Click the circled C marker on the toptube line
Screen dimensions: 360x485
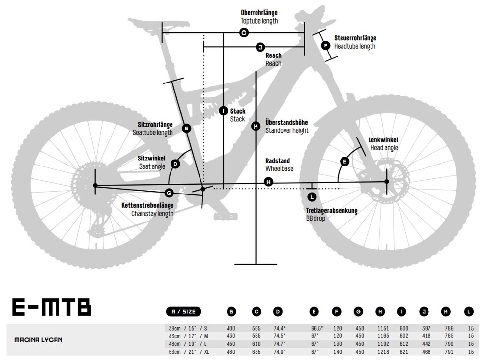[244, 33]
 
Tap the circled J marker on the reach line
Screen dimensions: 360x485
[260, 47]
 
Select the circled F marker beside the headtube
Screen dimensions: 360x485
[325, 46]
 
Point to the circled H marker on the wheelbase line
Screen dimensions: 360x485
[268, 182]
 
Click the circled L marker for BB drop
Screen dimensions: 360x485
[312, 196]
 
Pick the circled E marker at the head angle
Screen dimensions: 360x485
[344, 162]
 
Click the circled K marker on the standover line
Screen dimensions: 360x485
[256, 126]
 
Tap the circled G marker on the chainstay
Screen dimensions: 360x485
[169, 193]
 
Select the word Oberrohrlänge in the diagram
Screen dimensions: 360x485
[259, 12]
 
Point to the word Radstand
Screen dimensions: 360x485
[278, 161]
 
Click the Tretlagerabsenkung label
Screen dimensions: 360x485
[332, 210]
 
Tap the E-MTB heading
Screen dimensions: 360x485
[52, 307]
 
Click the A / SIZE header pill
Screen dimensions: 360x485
[183, 311]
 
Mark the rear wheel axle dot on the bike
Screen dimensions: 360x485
[95, 185]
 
